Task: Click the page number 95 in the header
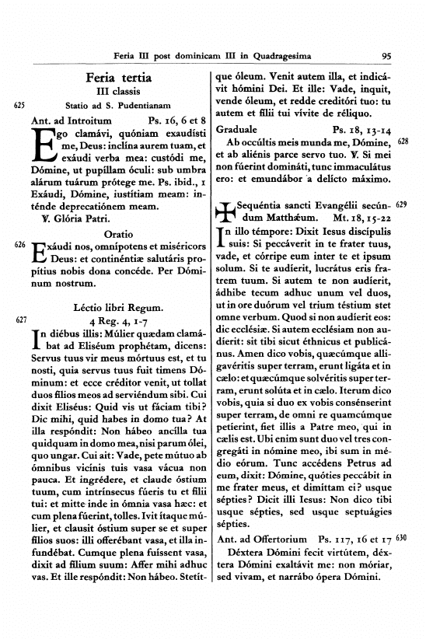click(386, 56)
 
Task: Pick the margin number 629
click(402, 206)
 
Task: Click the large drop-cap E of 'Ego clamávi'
click(43, 145)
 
